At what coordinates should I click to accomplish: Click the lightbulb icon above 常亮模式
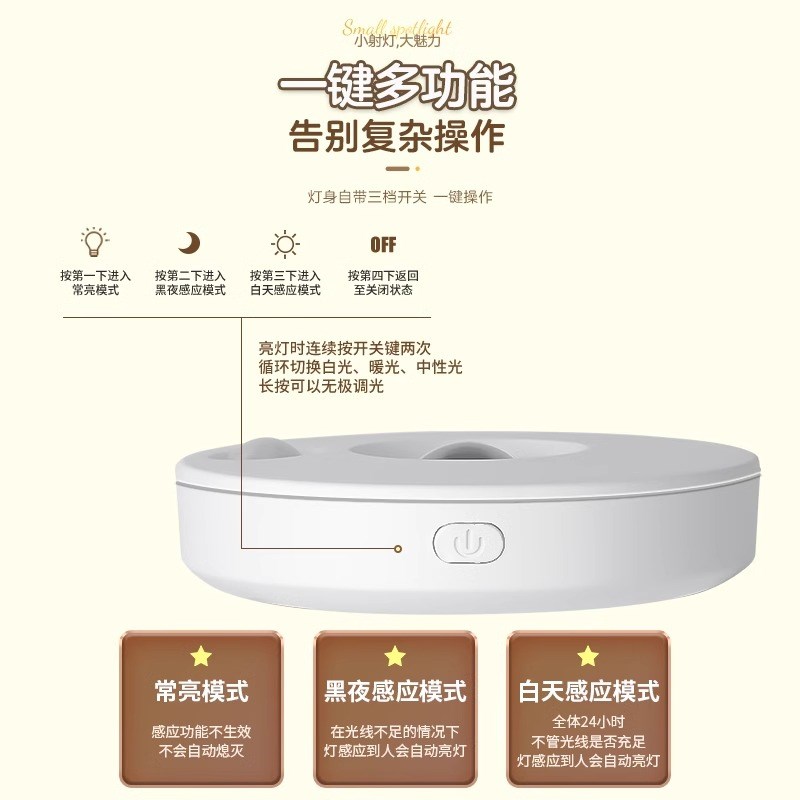(x=95, y=242)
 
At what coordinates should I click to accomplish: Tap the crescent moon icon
(x=189, y=243)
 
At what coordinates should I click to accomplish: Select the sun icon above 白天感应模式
(x=285, y=244)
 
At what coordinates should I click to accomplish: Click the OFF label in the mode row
(x=383, y=244)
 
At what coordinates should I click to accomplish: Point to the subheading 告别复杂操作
(x=397, y=136)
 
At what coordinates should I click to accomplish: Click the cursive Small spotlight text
(x=398, y=26)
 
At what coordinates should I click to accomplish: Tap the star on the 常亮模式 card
(x=202, y=657)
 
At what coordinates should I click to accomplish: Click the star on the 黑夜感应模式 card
(x=395, y=657)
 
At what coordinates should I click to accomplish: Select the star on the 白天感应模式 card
(x=588, y=657)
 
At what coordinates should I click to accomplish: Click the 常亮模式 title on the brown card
(x=202, y=690)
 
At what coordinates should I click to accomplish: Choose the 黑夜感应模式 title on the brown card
(x=395, y=690)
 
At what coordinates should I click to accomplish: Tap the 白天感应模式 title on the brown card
(x=589, y=690)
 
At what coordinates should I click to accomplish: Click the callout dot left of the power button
(x=398, y=547)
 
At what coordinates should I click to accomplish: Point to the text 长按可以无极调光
(x=321, y=387)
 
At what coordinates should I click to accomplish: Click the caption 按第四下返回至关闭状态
(x=383, y=282)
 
